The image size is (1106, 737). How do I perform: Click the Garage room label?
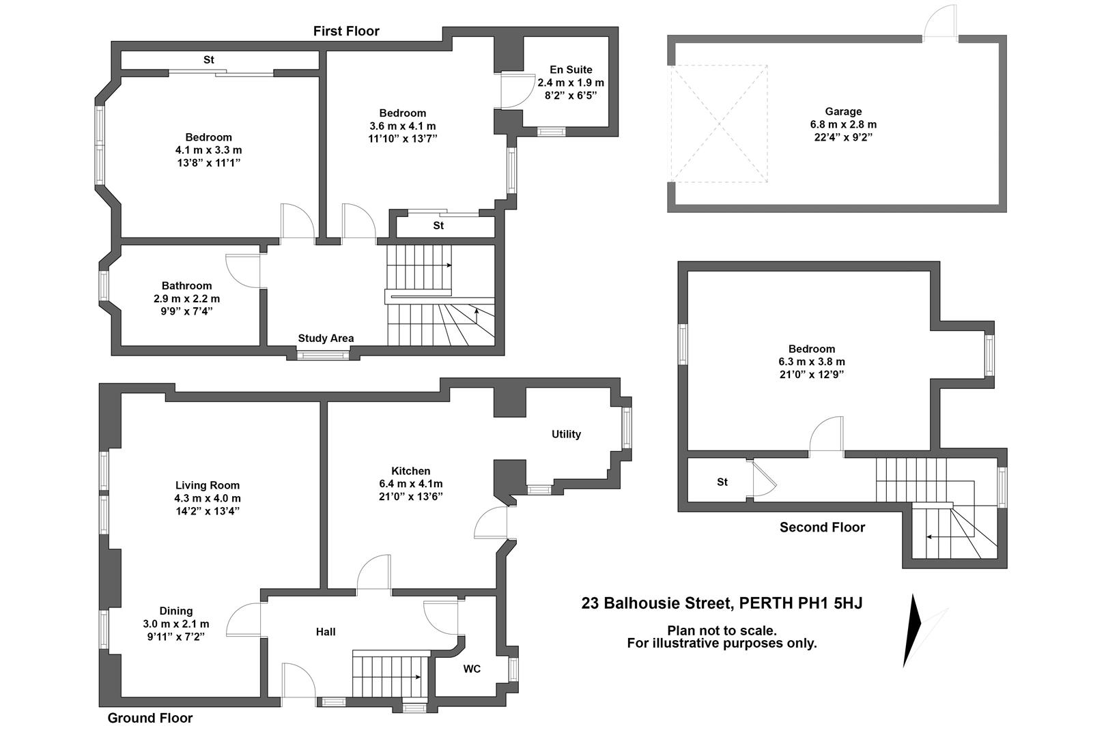843,111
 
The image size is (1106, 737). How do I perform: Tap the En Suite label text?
571,70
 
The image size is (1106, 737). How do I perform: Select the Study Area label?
326,338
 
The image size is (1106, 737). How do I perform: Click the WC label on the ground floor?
472,669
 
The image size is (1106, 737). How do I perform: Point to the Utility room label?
566,434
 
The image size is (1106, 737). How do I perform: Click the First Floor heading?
346,31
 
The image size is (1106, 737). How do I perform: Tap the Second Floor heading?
822,528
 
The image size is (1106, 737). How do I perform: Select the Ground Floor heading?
150,718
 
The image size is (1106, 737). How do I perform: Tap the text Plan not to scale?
722,631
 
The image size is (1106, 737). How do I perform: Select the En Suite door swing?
513,91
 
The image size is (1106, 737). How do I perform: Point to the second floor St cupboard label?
722,482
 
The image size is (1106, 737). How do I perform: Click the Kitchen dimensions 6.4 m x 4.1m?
410,484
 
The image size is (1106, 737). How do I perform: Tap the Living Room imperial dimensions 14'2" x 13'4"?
207,511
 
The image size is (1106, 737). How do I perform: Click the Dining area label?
176,611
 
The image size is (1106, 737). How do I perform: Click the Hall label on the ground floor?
326,632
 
